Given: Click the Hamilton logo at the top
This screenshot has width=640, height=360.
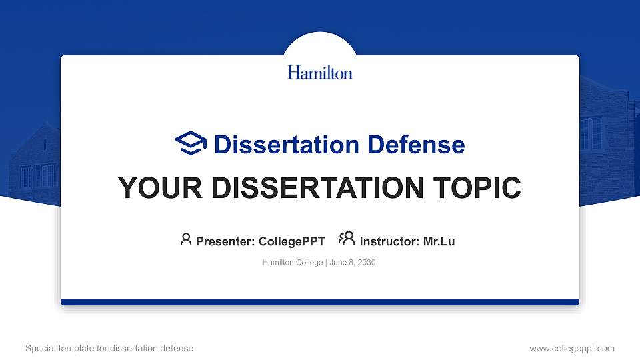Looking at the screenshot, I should click(320, 72).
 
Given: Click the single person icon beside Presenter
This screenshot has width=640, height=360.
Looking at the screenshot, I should click(186, 239).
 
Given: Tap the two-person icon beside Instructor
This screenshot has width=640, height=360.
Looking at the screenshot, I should click(347, 239).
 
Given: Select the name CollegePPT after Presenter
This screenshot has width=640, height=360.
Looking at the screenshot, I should click(291, 241).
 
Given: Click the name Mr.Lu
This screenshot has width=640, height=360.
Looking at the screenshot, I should click(439, 241).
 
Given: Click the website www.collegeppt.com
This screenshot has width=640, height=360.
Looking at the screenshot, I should click(571, 348).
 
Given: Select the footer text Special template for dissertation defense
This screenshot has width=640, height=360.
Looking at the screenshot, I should click(109, 348).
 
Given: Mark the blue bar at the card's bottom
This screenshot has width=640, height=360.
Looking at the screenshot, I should click(320, 302).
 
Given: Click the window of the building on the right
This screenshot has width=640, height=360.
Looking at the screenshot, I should click(591, 133).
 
